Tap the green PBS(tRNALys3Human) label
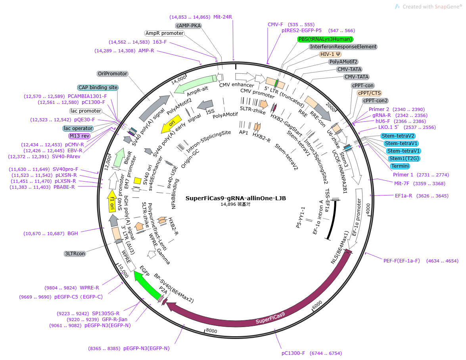[x=325, y=39]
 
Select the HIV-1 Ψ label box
[x=331, y=54]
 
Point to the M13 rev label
[x=80, y=136]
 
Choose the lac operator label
[x=78, y=128]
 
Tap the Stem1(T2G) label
[x=404, y=159]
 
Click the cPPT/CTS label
[x=369, y=93]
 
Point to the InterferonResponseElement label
[x=343, y=47]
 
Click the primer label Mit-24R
[x=222, y=17]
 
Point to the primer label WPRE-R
[x=90, y=288]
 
